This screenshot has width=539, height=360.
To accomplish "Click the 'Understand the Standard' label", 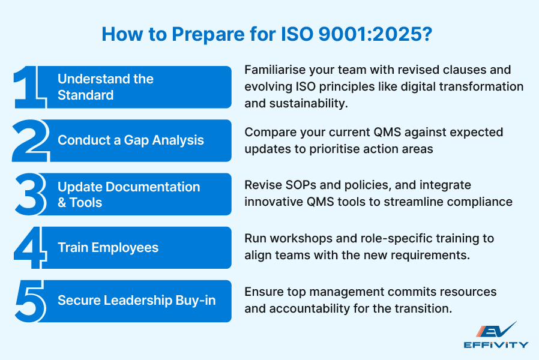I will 106,87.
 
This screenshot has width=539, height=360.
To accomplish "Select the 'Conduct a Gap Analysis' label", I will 131,140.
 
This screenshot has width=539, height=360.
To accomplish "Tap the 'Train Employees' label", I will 108,248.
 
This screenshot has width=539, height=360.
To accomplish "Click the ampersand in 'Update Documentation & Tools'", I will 62,203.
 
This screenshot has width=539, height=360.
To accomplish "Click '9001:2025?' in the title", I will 372,34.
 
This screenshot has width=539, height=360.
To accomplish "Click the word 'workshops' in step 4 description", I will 294,239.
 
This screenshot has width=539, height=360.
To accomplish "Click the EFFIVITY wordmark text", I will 496,344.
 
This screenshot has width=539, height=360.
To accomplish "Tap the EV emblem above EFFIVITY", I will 496,330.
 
